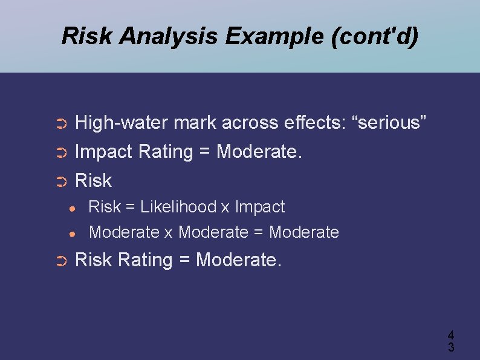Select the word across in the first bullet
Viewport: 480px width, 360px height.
click(x=250, y=123)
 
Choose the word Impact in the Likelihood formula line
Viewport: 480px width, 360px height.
click(x=260, y=207)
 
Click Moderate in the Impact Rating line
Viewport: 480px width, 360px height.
click(x=258, y=151)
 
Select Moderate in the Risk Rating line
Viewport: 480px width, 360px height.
click(x=238, y=260)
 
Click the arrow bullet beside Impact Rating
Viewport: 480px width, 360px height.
click(x=60, y=153)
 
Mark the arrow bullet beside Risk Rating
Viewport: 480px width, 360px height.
click(x=60, y=261)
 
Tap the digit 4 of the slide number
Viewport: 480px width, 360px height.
click(x=451, y=335)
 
